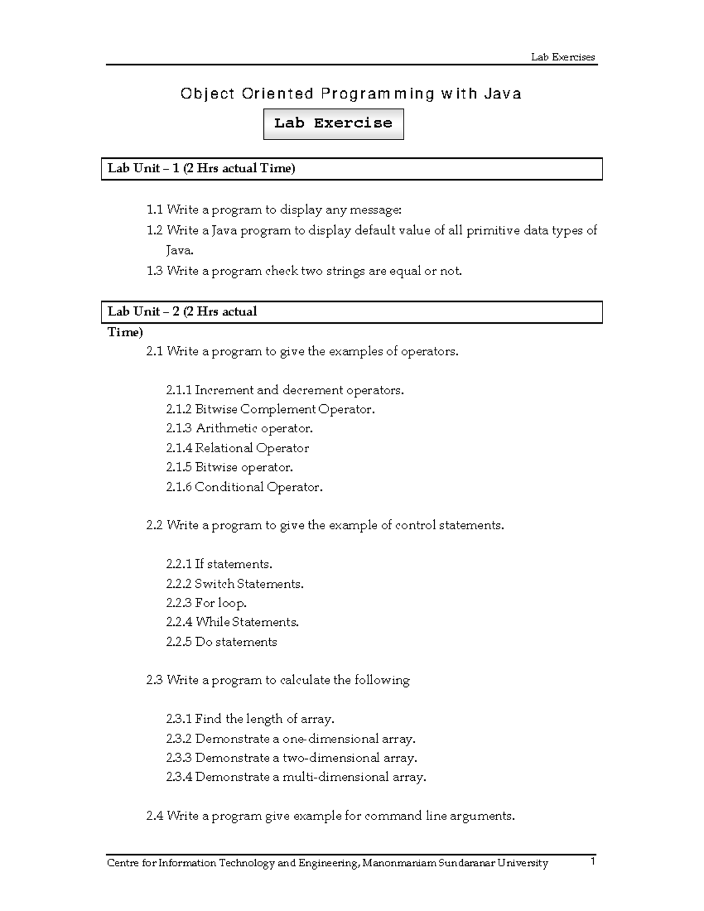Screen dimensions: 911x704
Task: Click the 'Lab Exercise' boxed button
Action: pos(333,123)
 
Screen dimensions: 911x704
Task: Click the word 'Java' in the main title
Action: pos(503,94)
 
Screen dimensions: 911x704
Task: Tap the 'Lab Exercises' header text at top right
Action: pos(563,57)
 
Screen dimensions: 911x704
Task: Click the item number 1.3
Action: pos(154,271)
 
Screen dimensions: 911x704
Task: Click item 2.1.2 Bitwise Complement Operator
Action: pos(270,409)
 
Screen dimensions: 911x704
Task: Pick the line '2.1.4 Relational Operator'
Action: pos(238,448)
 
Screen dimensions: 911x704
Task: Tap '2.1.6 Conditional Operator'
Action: pos(244,487)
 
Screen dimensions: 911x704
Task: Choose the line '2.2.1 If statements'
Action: pos(219,564)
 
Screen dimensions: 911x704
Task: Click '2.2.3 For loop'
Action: pos(207,603)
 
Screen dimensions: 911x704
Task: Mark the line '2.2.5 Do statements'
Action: pos(222,642)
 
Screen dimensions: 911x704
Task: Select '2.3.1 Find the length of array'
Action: pos(251,719)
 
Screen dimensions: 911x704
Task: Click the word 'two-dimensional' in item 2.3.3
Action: pos(331,758)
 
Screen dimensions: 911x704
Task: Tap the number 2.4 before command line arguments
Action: pos(154,816)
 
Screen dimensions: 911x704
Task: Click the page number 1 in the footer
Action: pos(593,862)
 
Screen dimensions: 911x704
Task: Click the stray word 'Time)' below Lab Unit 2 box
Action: pos(125,333)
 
